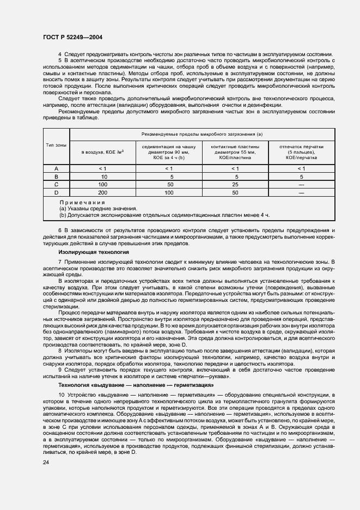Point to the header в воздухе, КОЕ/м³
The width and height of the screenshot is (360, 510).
[x=103, y=152]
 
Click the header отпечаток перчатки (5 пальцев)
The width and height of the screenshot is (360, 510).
[x=301, y=152]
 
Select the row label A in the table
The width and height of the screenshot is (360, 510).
[x=56, y=169]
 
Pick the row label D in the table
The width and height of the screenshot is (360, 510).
[x=56, y=192]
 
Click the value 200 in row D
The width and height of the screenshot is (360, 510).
[x=103, y=192]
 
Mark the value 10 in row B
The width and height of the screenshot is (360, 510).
[x=103, y=177]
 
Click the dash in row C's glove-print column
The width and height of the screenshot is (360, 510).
[x=301, y=185]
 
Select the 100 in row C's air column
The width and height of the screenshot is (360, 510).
[x=103, y=185]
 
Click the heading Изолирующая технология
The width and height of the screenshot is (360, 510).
[x=94, y=252]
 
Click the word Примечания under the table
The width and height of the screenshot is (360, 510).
[x=82, y=202]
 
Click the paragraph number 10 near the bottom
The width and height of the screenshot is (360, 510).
[x=62, y=394]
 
